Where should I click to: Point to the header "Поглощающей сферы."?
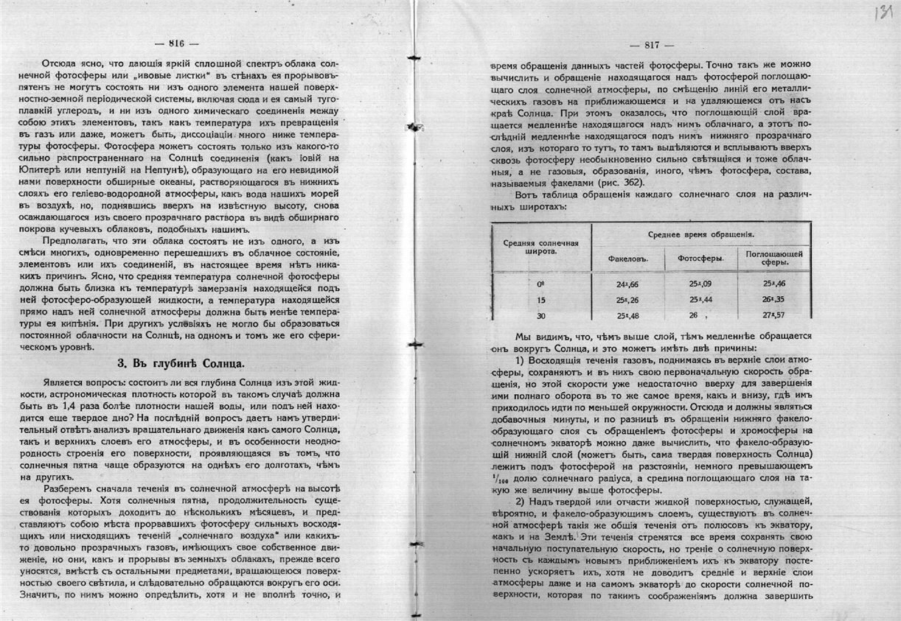(x=774, y=258)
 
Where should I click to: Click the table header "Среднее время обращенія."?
(x=700, y=234)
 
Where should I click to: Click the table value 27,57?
(x=774, y=315)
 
